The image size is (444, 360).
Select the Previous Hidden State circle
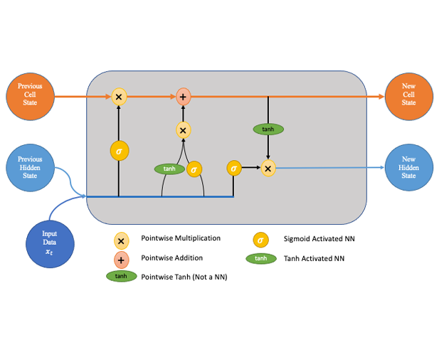[x=30, y=168]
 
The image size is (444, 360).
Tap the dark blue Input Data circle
[x=49, y=243]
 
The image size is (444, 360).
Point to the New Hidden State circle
[x=408, y=168]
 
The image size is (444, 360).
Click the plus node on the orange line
[x=183, y=96]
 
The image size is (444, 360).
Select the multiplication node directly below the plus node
[x=183, y=129]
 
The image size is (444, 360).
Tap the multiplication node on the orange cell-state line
[x=119, y=96]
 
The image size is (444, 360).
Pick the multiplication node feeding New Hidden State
[x=268, y=168]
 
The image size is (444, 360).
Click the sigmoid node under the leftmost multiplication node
[x=119, y=151]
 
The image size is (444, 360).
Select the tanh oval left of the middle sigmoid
[x=169, y=169]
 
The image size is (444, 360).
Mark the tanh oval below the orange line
[x=268, y=129]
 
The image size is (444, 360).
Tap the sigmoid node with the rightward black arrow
[x=233, y=168]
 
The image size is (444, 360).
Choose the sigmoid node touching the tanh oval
[x=194, y=169]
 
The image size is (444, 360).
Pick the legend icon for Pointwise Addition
[x=121, y=260]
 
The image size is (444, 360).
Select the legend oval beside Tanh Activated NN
[x=262, y=258]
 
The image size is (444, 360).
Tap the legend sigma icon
[x=262, y=240]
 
